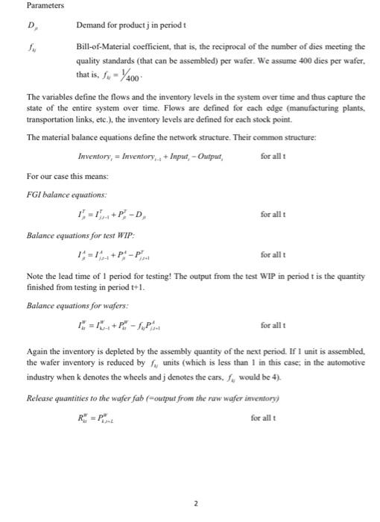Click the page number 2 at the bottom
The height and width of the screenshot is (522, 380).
coord(195,504)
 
